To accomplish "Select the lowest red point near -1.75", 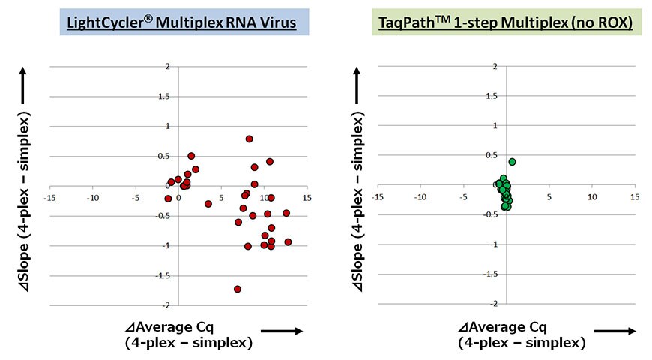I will tap(238, 289).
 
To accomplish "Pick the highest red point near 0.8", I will tap(249, 139).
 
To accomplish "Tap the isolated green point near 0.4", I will tap(513, 162).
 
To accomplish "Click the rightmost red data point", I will tap(288, 241).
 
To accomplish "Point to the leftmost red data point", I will tap(168, 199).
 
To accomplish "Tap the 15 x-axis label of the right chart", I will tap(635, 198).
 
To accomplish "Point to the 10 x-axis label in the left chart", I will tap(263, 198).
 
